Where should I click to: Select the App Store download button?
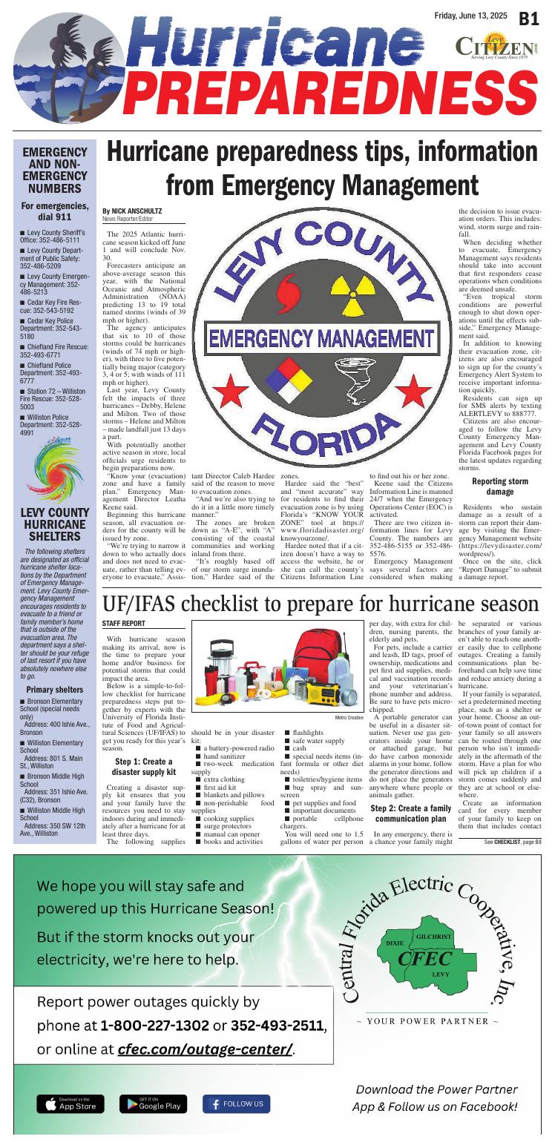tap(70, 1104)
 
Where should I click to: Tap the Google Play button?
tap(154, 1104)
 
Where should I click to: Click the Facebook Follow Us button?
tap(236, 1104)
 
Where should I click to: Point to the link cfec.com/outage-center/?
tap(204, 1050)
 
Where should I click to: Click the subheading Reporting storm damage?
tap(499, 486)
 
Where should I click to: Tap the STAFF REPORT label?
tap(123, 624)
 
